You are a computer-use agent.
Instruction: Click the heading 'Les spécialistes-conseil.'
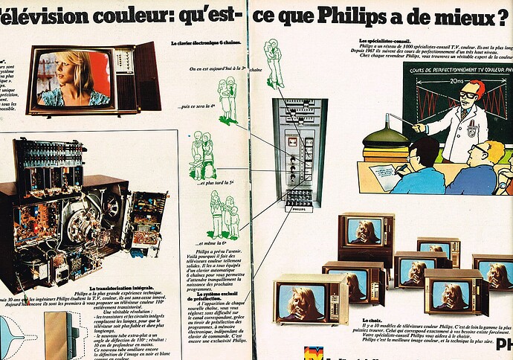(x=389, y=40)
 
